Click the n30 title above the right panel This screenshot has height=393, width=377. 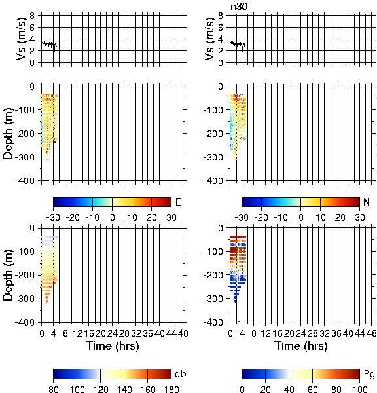[x=239, y=6]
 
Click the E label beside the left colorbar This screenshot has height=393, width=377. [x=178, y=202]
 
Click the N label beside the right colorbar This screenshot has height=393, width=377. [x=367, y=202]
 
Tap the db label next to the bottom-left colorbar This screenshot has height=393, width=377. [x=181, y=374]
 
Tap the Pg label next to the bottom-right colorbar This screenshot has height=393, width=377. [x=369, y=375]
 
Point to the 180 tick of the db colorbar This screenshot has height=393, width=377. [x=171, y=389]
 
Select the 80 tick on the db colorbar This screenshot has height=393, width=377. [x=54, y=389]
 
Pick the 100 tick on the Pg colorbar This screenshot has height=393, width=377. [x=360, y=389]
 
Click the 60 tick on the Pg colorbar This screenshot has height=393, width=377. [x=313, y=389]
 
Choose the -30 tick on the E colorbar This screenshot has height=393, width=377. [x=53, y=217]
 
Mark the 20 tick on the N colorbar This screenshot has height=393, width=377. [x=340, y=217]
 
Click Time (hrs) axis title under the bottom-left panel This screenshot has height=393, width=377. [x=113, y=346]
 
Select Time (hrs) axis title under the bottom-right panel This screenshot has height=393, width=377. [x=301, y=346]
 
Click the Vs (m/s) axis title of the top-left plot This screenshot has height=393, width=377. [x=22, y=39]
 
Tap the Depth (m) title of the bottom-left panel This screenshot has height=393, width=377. [x=9, y=275]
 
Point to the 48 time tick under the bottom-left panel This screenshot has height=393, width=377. [x=183, y=333]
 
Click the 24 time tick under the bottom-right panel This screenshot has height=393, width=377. [x=301, y=333]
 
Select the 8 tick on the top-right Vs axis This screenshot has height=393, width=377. [x=220, y=16]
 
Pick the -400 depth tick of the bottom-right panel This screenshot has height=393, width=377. [x=213, y=322]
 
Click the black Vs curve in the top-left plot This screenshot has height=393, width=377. [x=49, y=45]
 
